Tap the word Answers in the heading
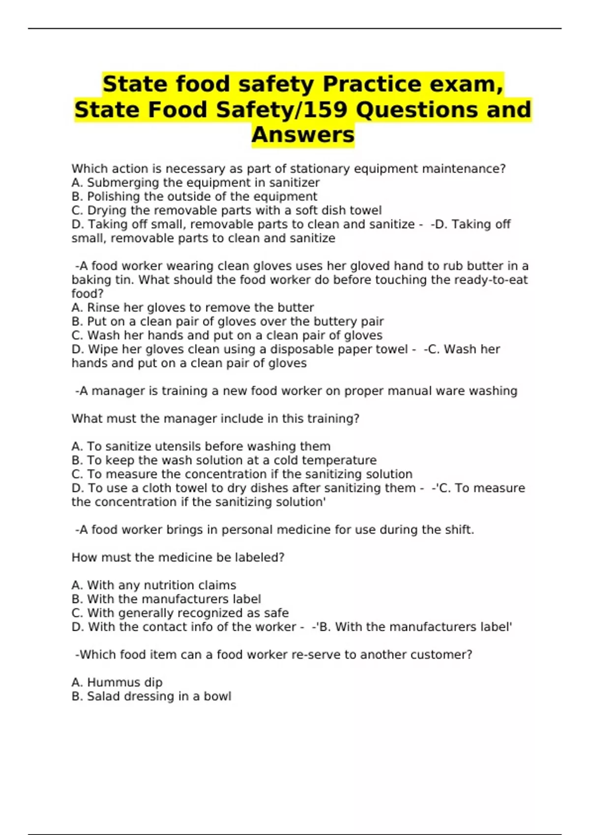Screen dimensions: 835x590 click(303, 135)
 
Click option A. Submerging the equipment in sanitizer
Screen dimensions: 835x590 click(195, 183)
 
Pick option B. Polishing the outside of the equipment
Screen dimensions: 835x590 click(194, 196)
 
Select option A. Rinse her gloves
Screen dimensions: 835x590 click(192, 307)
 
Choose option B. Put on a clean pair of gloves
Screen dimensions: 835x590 click(227, 322)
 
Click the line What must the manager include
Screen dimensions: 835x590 click(215, 419)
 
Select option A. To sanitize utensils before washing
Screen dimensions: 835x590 click(201, 446)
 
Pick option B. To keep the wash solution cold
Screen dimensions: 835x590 click(224, 460)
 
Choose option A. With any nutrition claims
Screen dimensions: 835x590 click(153, 585)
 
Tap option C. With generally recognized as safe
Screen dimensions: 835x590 click(180, 613)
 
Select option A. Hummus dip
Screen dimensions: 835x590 click(117, 683)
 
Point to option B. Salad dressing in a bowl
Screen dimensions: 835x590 click(151, 696)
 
